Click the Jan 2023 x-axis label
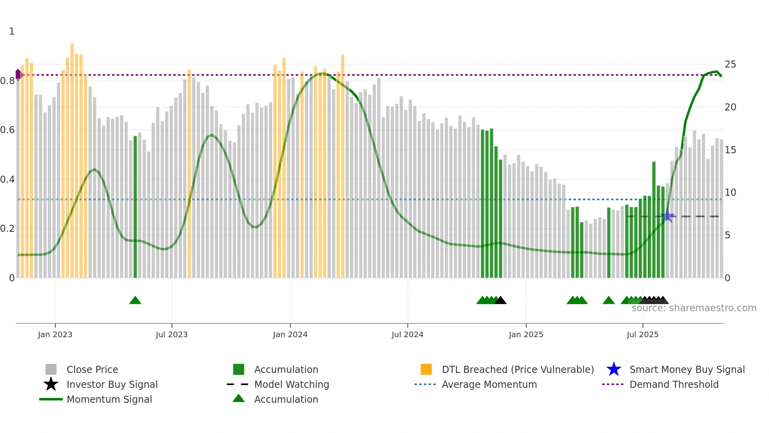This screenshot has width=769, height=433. (x=55, y=335)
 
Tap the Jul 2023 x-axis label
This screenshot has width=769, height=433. (x=171, y=335)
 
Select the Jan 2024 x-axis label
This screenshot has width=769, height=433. (x=290, y=335)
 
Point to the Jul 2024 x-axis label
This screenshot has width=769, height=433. (x=407, y=335)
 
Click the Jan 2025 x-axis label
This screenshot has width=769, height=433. (x=526, y=335)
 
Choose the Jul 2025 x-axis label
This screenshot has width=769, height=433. (x=642, y=335)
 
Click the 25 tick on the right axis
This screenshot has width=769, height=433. (x=730, y=64)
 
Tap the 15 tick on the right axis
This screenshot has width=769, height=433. (x=730, y=150)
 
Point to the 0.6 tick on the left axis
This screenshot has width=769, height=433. (x=7, y=130)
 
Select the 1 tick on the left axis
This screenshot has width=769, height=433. (x=12, y=31)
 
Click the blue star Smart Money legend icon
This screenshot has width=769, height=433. (x=614, y=369)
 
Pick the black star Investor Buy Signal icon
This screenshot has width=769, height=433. (x=51, y=384)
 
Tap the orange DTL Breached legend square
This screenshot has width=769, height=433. (x=426, y=369)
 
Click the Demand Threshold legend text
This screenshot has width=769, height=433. (x=674, y=385)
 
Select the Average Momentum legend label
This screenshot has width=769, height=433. (x=489, y=385)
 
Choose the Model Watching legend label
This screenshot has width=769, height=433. (x=292, y=385)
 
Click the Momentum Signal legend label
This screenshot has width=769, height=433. (x=109, y=400)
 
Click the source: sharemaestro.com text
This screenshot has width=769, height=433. (x=694, y=308)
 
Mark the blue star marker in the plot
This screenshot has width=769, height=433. (x=668, y=216)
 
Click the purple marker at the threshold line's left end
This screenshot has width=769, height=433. (x=18, y=74)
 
